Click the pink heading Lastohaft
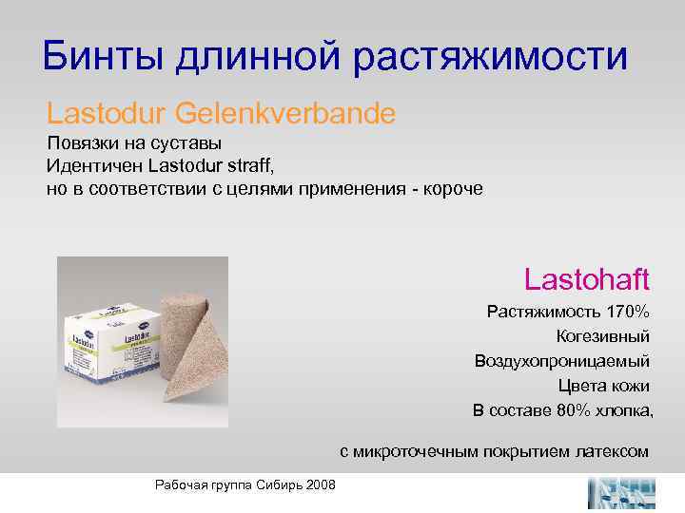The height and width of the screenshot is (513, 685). (x=586, y=278)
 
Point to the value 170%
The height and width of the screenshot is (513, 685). (x=628, y=312)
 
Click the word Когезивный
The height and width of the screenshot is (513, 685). (x=603, y=336)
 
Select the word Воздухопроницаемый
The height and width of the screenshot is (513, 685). (x=562, y=361)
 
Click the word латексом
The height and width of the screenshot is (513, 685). (x=611, y=451)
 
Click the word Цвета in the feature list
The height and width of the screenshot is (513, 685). (x=581, y=386)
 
